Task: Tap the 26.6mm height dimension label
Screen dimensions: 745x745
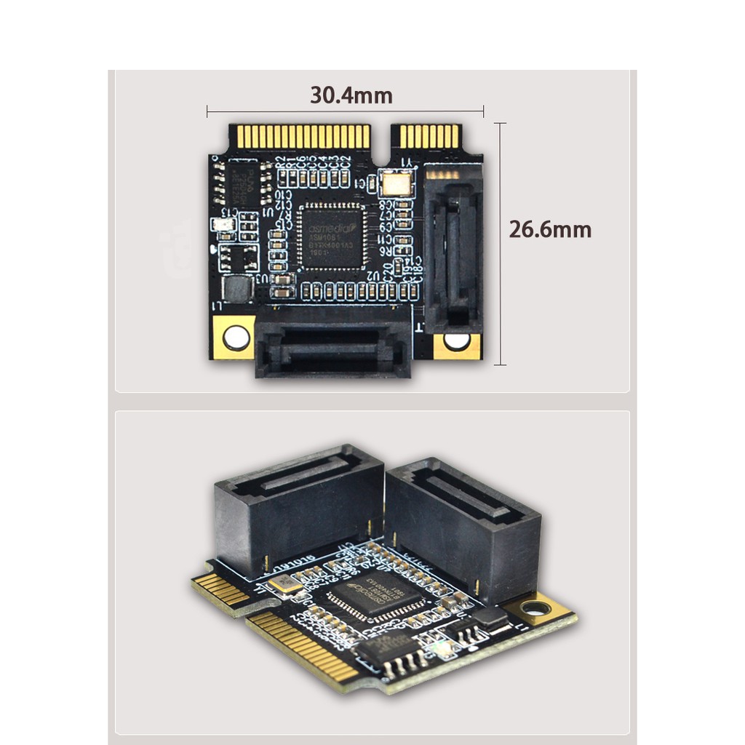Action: point(549,230)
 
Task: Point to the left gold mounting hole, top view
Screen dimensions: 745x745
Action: point(235,337)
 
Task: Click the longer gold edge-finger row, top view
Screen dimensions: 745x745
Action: point(300,137)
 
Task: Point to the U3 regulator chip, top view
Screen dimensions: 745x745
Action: point(239,257)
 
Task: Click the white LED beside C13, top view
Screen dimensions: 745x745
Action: point(223,226)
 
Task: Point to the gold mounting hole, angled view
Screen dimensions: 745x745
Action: point(536,608)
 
